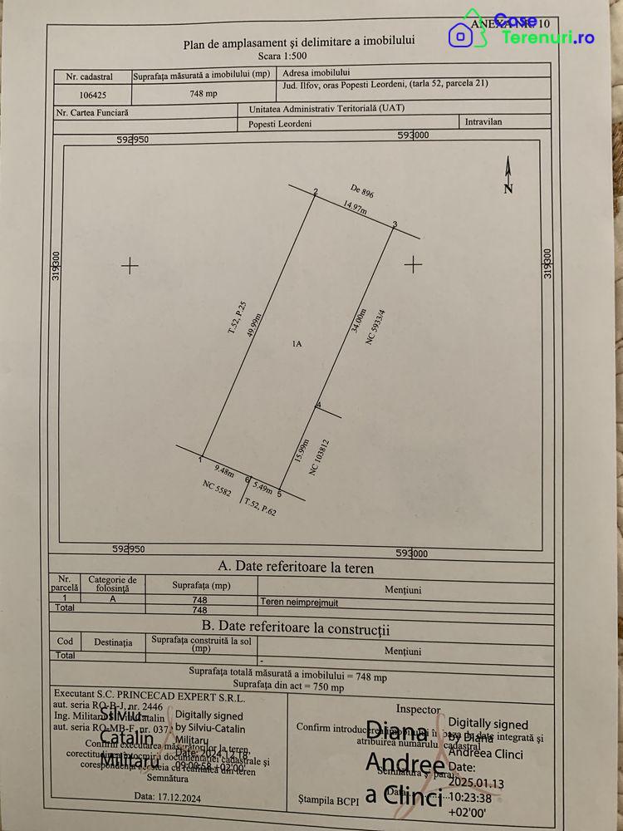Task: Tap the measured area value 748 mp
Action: (203, 93)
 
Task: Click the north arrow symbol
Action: (508, 175)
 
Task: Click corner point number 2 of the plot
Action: (316, 193)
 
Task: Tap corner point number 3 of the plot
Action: (395, 224)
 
